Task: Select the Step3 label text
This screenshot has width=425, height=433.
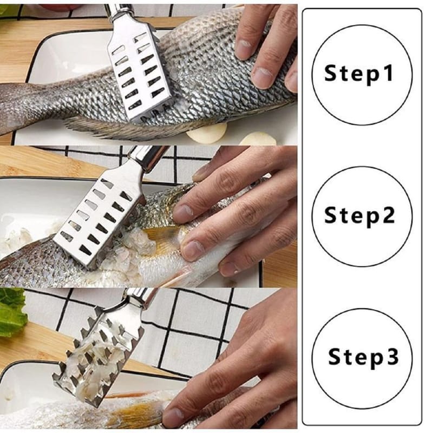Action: (363, 357)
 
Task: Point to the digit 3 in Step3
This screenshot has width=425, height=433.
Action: (393, 356)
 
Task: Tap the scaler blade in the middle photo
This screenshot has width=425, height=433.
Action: (100, 218)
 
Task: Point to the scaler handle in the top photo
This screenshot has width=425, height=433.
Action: (121, 13)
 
